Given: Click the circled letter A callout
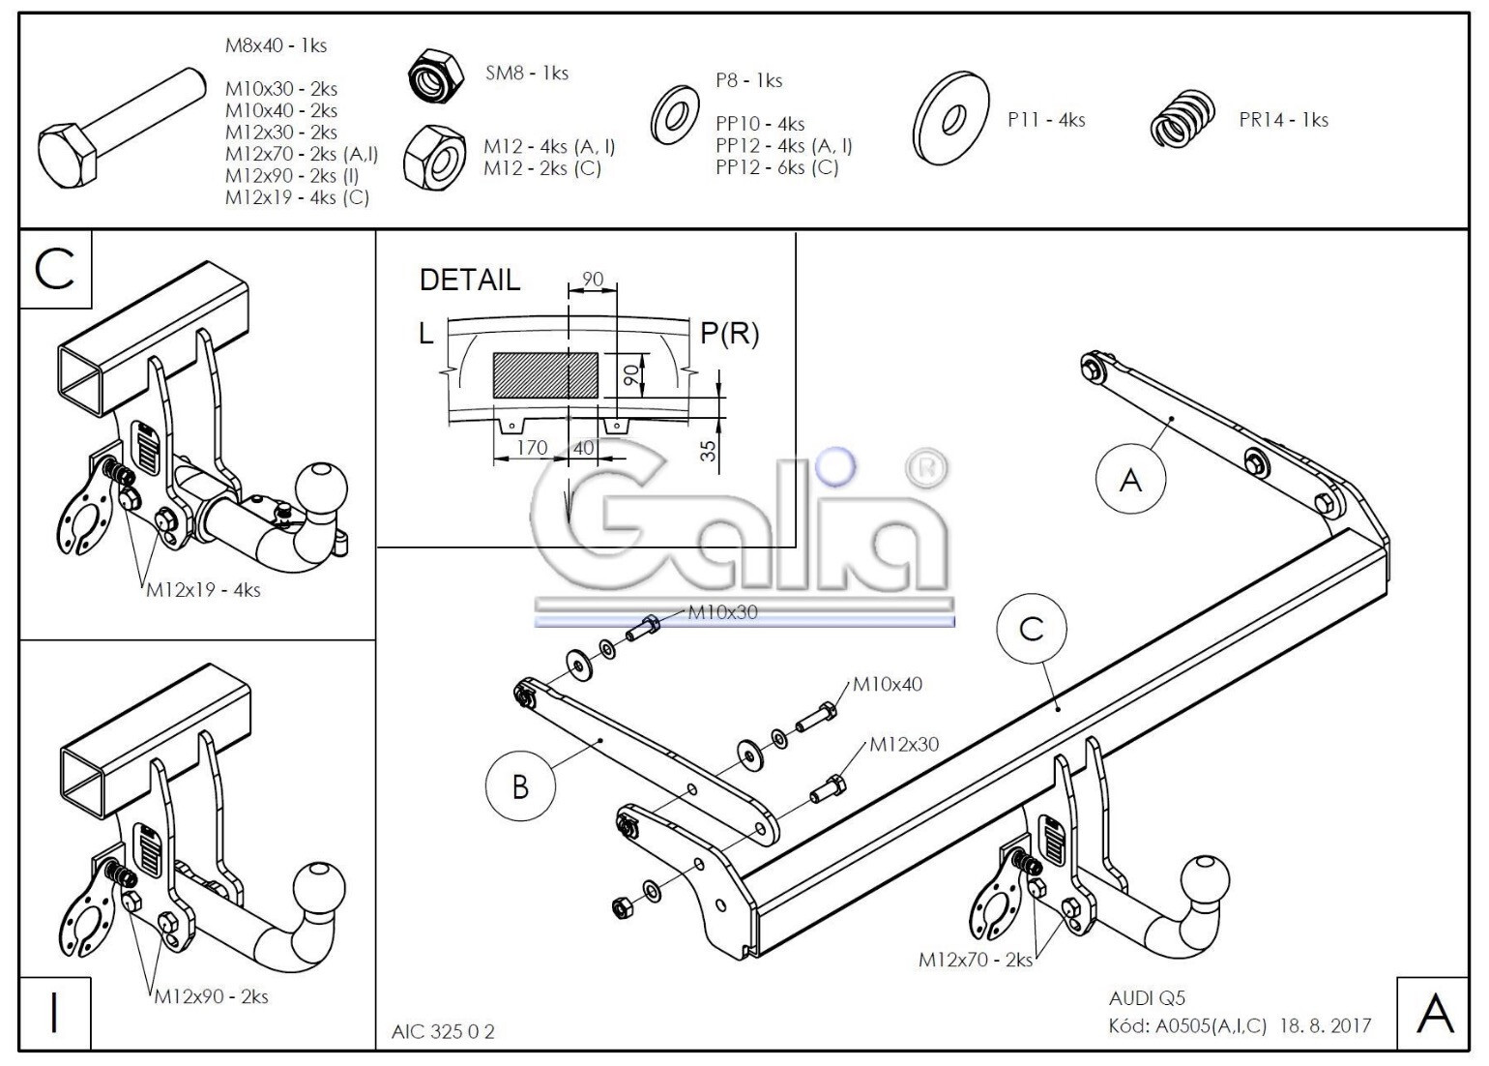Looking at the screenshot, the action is click(1130, 479).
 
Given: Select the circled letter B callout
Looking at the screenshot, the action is click(520, 787).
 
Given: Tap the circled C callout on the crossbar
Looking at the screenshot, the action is click(1031, 629).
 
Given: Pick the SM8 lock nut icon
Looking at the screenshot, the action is click(435, 75).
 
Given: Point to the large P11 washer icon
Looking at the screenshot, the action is click(950, 118).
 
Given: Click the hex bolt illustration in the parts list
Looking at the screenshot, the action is click(122, 127).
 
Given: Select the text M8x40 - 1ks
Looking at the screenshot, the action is click(276, 45).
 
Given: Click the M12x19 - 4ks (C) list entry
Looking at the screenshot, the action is click(297, 197).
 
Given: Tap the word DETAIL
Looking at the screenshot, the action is click(470, 280).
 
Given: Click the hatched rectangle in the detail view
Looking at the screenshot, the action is click(545, 375).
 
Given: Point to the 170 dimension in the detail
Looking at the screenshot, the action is click(532, 448).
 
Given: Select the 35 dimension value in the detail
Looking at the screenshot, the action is click(710, 451).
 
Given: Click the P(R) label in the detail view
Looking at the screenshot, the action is click(729, 333).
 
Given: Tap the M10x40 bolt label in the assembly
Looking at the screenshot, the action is click(888, 684).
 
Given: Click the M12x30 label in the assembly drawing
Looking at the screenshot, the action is click(904, 744).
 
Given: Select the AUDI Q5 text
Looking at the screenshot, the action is click(1147, 998).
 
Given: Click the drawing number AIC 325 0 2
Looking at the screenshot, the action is click(443, 1031).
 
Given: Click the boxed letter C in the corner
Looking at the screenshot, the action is click(55, 269).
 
